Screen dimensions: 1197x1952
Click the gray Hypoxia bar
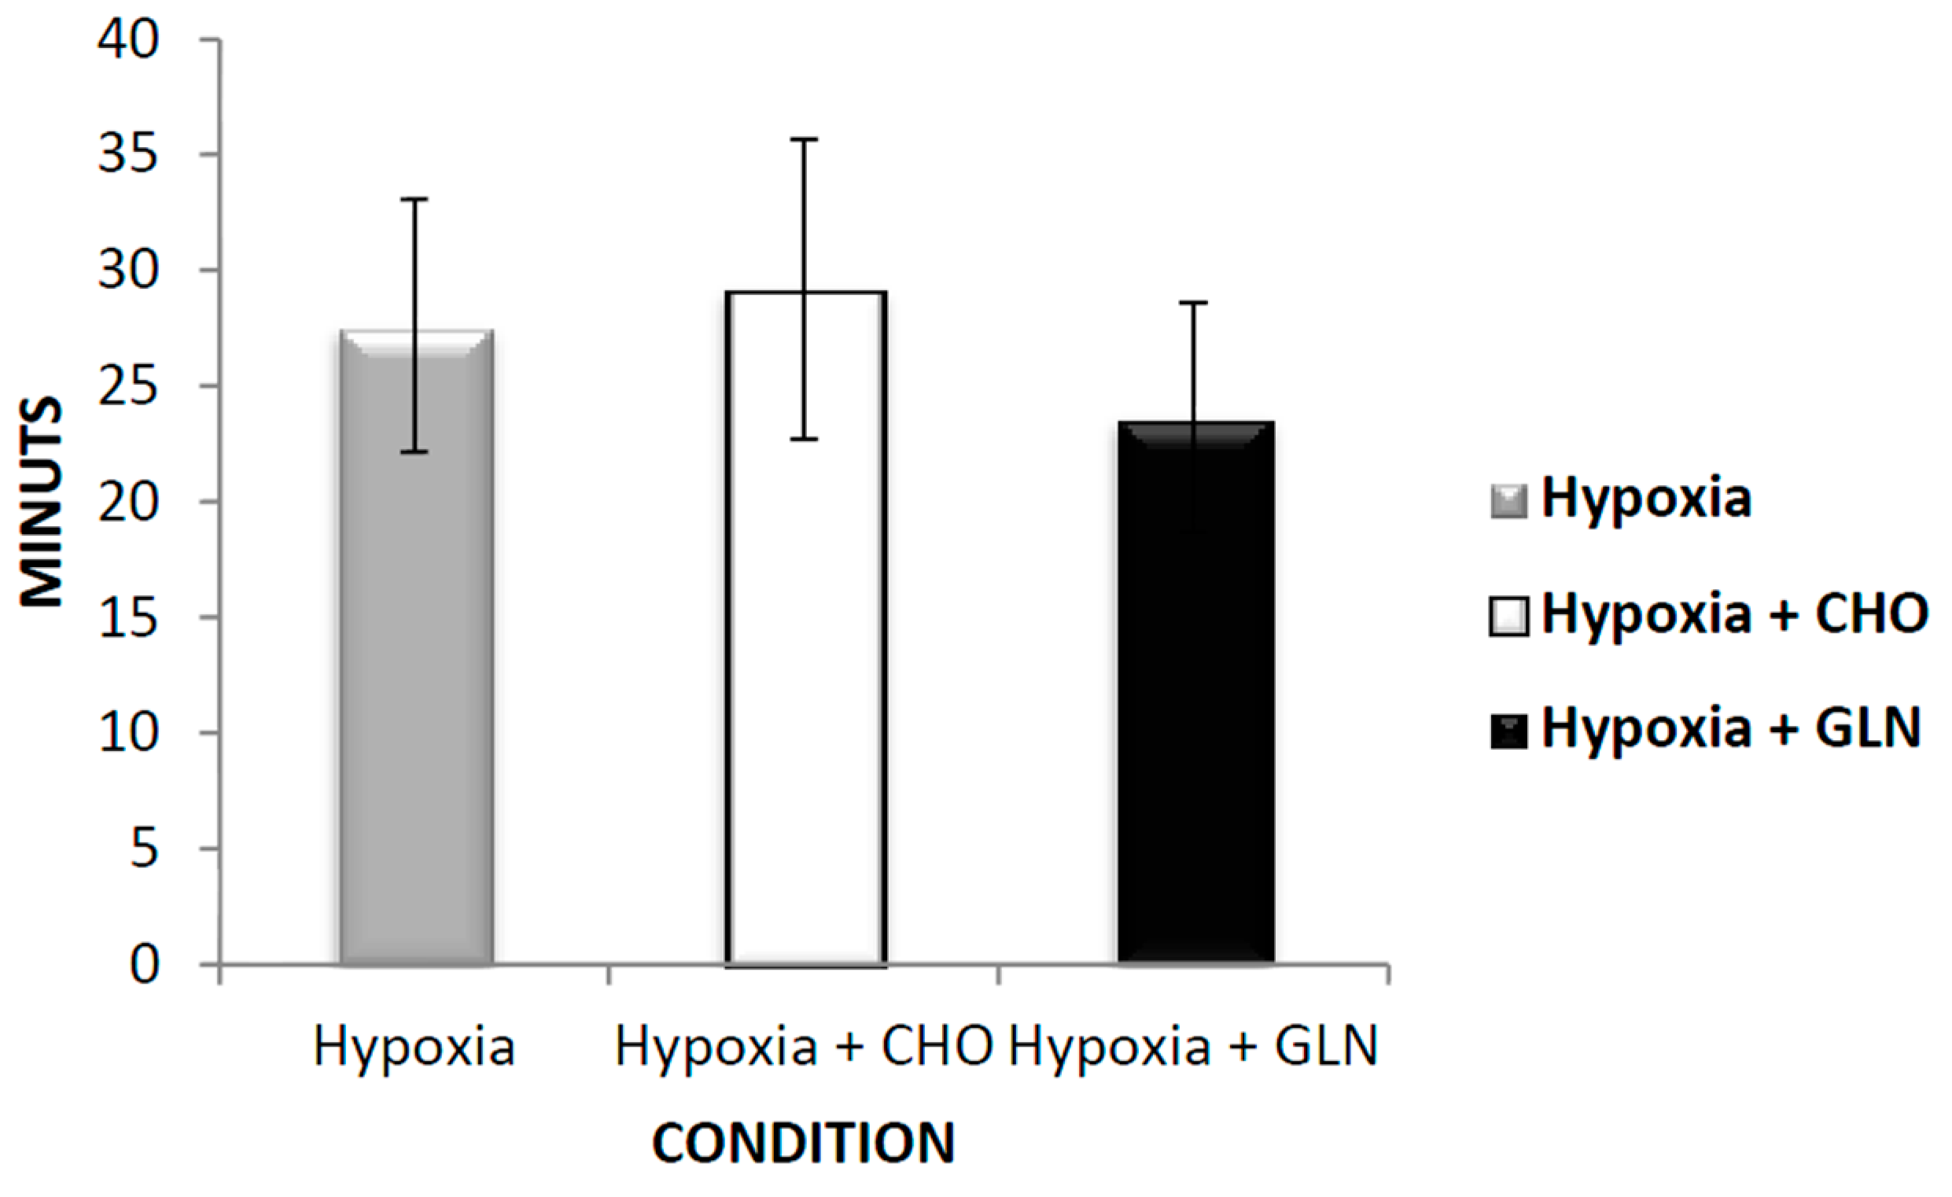[x=417, y=673]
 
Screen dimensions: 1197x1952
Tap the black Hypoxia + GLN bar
[x=1195, y=713]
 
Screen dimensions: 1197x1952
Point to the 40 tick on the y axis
[x=129, y=39]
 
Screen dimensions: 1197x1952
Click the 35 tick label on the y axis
[x=129, y=154]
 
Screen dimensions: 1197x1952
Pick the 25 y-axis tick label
[x=129, y=386]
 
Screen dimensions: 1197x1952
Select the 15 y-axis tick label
[x=129, y=617]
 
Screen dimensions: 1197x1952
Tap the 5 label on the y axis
[x=145, y=849]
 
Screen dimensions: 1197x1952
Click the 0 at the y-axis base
[x=145, y=965]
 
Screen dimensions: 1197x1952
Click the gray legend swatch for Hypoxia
[x=1508, y=502]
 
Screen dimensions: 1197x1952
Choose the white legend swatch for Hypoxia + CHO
[x=1508, y=617]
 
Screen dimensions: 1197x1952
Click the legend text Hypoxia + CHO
[x=1734, y=614]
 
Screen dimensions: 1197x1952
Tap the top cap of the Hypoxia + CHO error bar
[x=804, y=139]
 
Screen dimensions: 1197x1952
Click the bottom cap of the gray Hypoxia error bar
[x=414, y=451]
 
